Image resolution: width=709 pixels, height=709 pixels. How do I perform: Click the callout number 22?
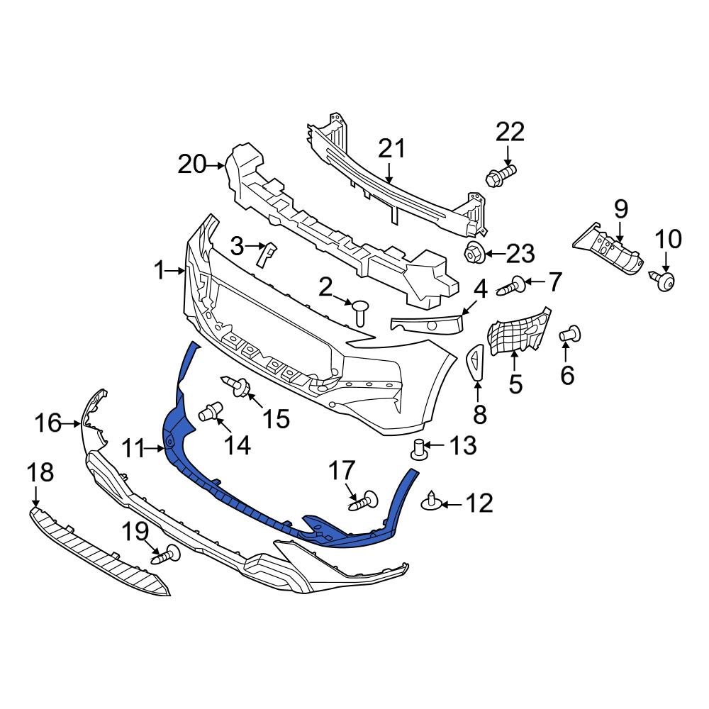click(510, 132)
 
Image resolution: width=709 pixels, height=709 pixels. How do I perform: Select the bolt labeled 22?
click(501, 174)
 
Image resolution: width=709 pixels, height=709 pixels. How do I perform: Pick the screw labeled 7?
click(512, 286)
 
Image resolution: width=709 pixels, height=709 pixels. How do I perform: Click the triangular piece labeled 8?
click(475, 360)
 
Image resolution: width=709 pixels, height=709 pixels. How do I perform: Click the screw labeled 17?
click(364, 501)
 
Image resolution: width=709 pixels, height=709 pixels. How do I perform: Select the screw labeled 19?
click(164, 555)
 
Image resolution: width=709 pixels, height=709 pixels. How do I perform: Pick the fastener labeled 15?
click(238, 386)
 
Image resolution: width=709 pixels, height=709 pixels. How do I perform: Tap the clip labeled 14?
click(211, 411)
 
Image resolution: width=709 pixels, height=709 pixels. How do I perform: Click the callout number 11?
click(132, 448)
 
